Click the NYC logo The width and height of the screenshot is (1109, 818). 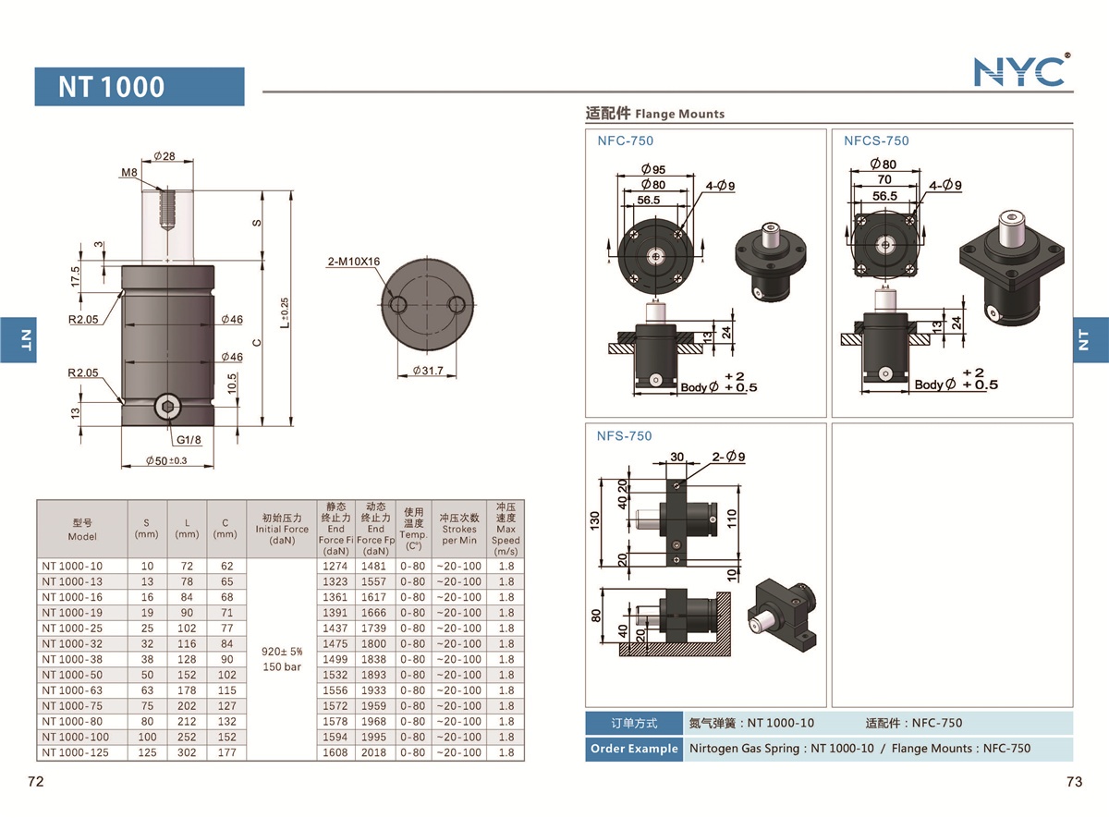tap(1021, 70)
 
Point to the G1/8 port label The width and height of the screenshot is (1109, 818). tap(188, 440)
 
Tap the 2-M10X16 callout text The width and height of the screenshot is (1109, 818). tap(354, 262)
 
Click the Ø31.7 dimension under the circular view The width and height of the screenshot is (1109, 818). tap(426, 371)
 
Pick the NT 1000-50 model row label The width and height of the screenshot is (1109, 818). tap(73, 675)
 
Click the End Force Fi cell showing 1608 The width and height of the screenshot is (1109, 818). tap(335, 752)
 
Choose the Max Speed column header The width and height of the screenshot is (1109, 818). tap(506, 530)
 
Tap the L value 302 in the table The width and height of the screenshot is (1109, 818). tap(187, 752)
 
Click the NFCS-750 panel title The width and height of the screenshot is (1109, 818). tap(876, 140)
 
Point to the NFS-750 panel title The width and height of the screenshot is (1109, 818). tap(625, 435)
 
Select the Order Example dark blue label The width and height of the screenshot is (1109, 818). tap(633, 749)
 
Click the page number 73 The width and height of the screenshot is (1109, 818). tap(1074, 782)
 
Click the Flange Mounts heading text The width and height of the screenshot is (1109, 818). tap(678, 114)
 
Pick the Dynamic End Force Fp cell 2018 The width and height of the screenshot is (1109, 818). tap(375, 752)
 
